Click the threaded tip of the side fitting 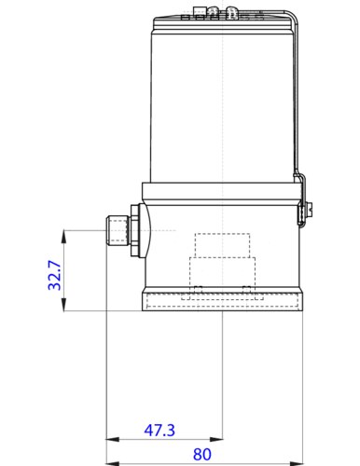pyautogui.click(x=115, y=230)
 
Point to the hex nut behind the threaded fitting pyautogui.click(x=137, y=230)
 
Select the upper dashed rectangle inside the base pyautogui.click(x=221, y=243)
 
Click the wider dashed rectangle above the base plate pyautogui.click(x=221, y=273)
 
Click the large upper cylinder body pyautogui.click(x=221, y=98)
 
